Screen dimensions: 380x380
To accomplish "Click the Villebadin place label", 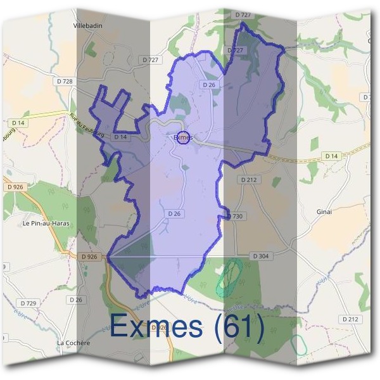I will [88, 26].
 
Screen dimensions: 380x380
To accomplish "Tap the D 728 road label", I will [64, 82].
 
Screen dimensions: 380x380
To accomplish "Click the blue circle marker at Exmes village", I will [182, 137].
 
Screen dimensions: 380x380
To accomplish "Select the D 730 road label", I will [234, 216].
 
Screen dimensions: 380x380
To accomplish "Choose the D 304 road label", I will [260, 256].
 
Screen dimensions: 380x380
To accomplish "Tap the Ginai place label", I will [324, 212].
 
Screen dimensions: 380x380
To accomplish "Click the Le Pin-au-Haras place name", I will [46, 224].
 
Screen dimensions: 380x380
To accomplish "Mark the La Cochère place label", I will [74, 343].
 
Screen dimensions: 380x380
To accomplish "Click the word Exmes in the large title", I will [157, 327].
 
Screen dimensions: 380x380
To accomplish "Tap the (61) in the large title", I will [239, 327].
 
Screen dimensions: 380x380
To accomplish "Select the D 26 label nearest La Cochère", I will [75, 299].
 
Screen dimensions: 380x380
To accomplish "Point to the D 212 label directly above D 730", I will [250, 180].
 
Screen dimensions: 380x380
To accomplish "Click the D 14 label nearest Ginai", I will [330, 156].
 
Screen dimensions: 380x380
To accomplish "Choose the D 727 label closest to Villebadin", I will [152, 60].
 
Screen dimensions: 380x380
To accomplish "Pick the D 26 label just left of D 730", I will [175, 214].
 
